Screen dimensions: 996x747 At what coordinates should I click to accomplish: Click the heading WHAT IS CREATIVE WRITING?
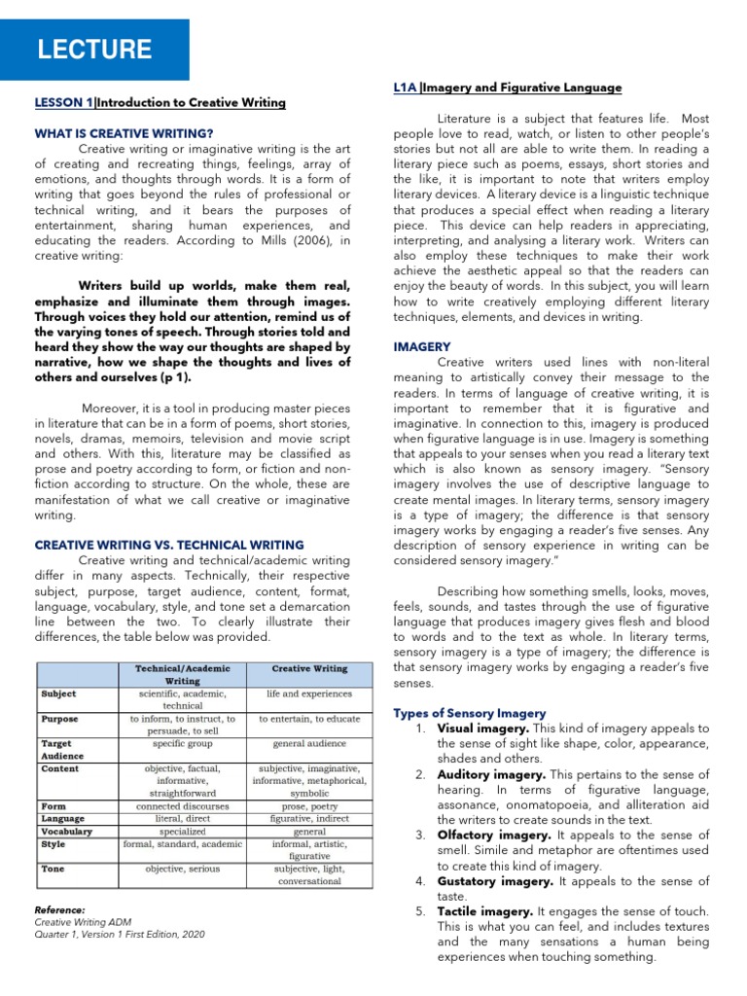(124, 132)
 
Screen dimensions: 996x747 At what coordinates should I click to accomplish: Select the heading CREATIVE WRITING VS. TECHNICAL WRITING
(169, 545)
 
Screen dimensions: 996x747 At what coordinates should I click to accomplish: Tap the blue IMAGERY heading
(421, 345)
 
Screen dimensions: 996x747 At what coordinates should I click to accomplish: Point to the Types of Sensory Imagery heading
(469, 713)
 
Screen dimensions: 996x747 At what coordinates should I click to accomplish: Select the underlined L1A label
(405, 88)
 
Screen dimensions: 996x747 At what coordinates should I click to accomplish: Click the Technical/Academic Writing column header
(182, 675)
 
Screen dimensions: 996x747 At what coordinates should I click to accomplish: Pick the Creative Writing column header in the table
(309, 669)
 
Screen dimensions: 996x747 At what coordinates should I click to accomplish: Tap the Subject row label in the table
(59, 694)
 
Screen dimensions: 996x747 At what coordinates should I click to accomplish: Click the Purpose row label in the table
(60, 719)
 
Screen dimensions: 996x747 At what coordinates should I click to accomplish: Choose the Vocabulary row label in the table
(67, 832)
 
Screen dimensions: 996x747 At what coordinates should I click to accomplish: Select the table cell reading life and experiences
(309, 694)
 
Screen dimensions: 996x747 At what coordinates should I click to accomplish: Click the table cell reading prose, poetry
(309, 806)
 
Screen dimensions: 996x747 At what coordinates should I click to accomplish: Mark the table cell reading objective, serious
(182, 869)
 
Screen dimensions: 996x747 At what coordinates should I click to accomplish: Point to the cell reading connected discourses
(182, 806)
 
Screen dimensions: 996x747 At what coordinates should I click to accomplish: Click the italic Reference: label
(59, 909)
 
